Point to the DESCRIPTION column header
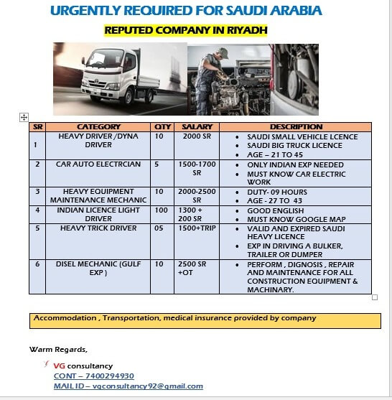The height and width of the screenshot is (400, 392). (301, 127)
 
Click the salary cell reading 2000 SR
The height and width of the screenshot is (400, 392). (196, 136)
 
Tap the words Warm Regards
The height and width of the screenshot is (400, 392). (58, 350)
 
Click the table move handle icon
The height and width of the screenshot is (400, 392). (24, 116)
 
